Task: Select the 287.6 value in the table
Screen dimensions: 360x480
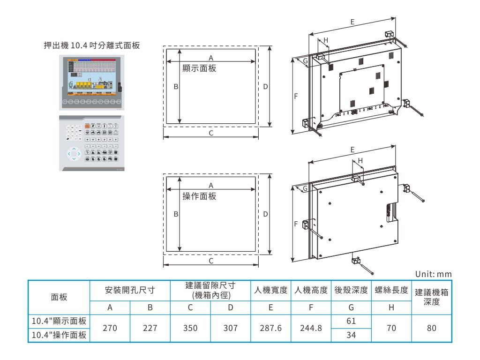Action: coord(271,329)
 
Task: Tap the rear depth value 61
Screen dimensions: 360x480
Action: coord(350,322)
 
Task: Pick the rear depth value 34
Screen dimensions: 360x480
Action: coord(350,336)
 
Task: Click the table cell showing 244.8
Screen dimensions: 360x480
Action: coord(310,329)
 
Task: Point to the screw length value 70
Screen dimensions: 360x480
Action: coord(390,329)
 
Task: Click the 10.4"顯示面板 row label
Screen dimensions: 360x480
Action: coord(59,322)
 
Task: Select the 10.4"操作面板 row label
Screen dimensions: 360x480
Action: coord(59,336)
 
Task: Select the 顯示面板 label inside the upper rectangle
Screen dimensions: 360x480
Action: coord(199,68)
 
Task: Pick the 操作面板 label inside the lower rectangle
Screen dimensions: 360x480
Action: coord(199,196)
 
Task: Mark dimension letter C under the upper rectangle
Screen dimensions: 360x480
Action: coord(211,133)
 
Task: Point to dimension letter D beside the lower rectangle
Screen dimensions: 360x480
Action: coord(265,214)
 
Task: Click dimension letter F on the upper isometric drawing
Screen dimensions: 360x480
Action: coord(296,97)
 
